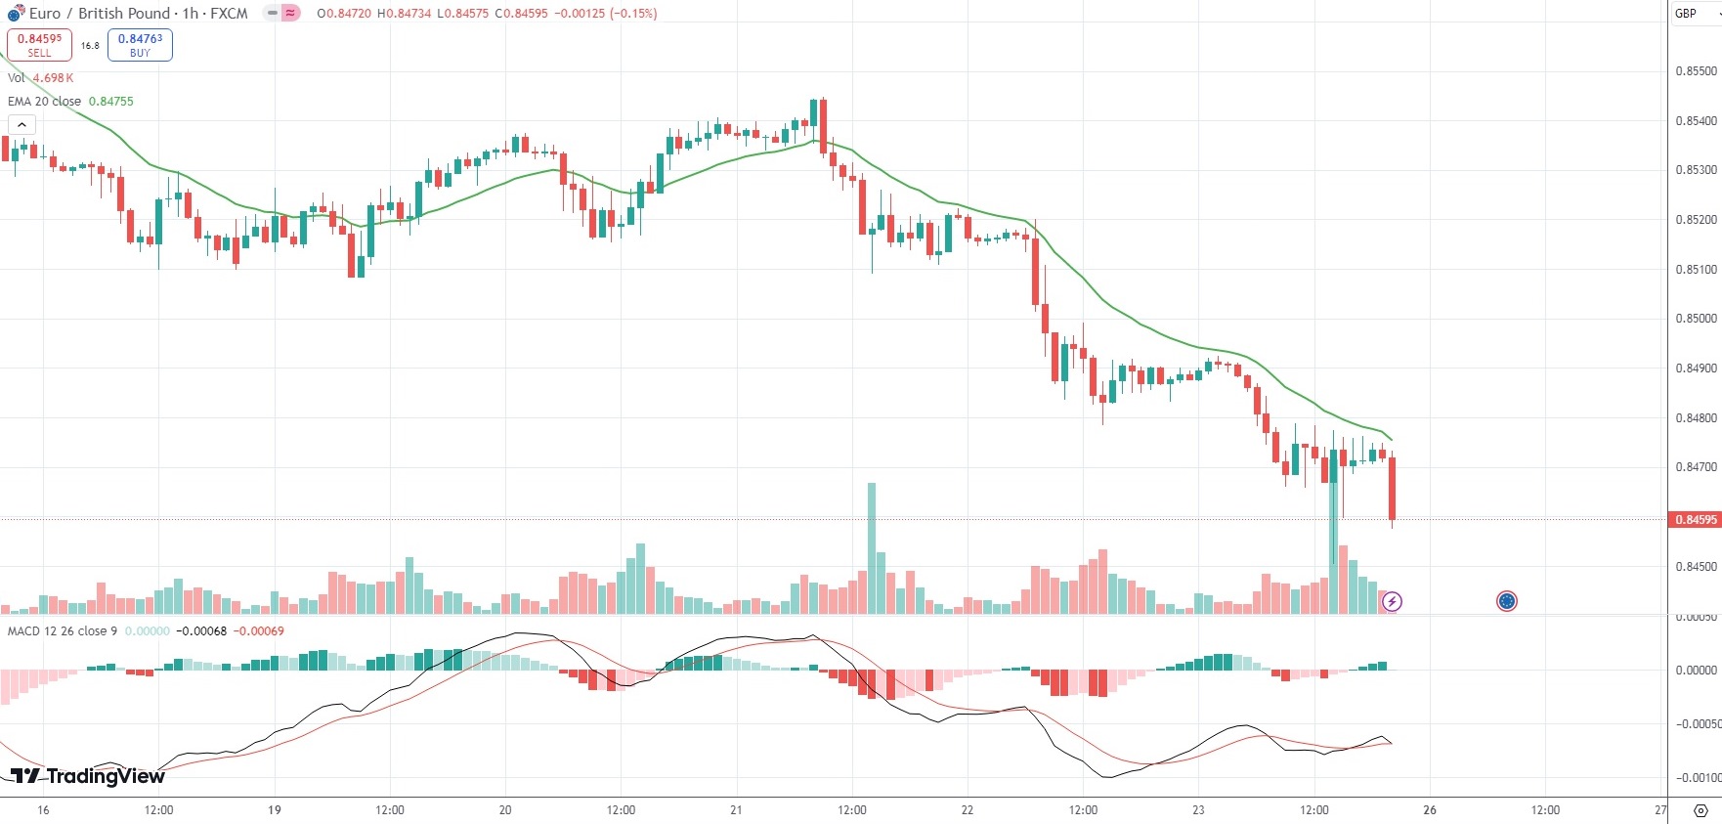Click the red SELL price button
click(39, 45)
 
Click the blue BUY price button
click(140, 45)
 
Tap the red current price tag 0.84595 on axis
click(1696, 520)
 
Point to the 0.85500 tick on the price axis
click(1696, 71)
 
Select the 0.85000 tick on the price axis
click(1696, 319)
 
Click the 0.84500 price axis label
click(1696, 567)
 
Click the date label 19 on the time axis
click(275, 810)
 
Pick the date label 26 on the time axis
click(1430, 810)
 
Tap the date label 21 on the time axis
click(736, 810)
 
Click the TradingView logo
click(88, 776)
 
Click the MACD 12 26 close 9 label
click(63, 631)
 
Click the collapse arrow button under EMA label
click(22, 125)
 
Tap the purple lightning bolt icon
click(1392, 601)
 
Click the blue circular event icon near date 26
click(1506, 601)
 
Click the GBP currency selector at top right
click(1694, 14)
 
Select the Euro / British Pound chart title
click(137, 14)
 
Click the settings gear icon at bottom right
click(1700, 811)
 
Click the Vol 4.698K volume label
click(40, 78)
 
